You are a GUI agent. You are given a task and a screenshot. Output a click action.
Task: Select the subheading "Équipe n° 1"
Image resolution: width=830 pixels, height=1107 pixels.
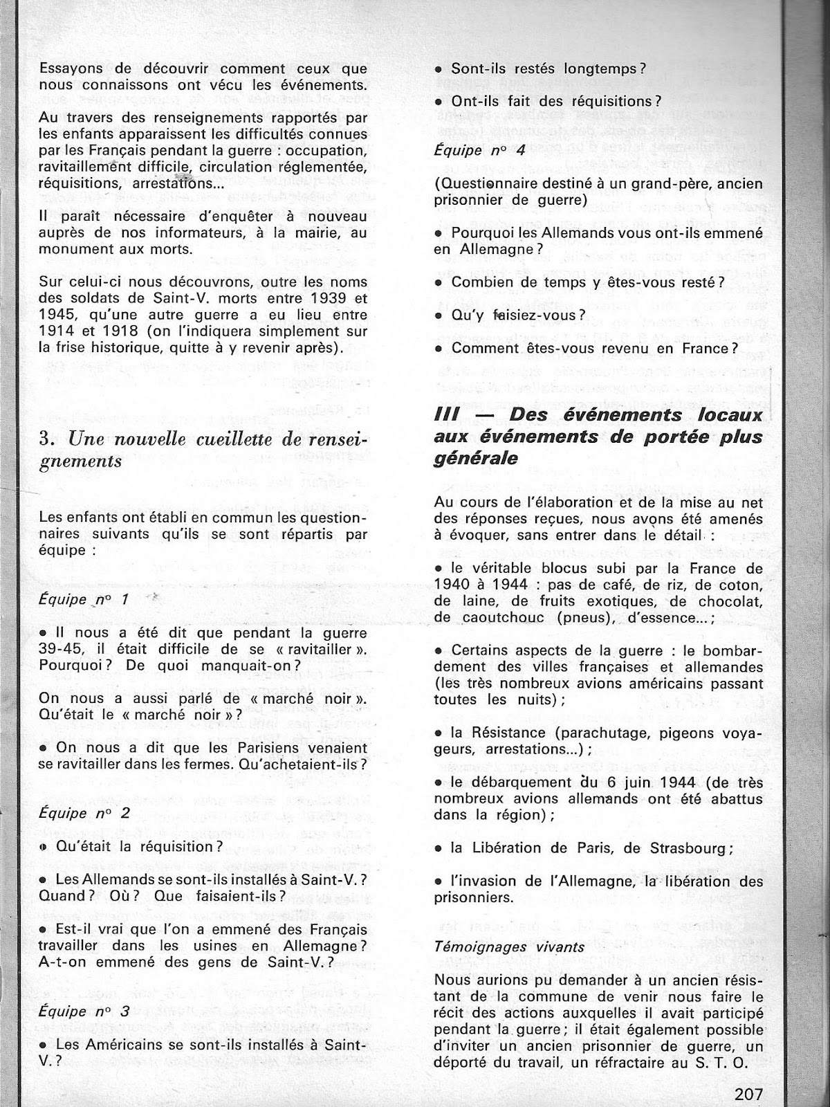pos(84,599)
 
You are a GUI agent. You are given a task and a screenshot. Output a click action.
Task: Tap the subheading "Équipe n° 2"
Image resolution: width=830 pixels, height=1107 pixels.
pos(84,813)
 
